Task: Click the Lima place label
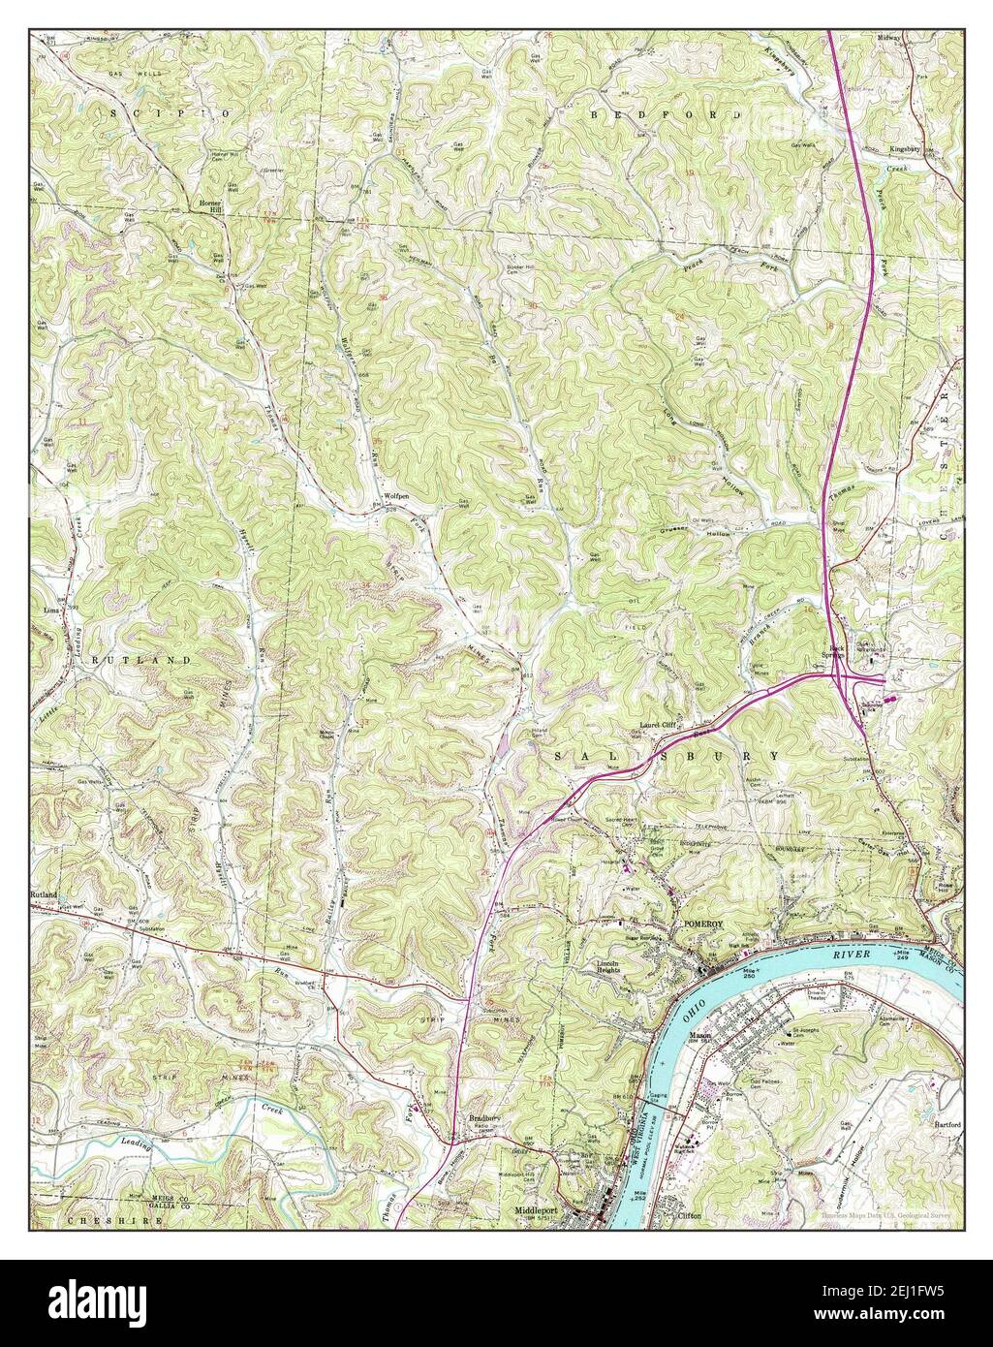(51, 611)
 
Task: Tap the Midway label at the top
(889, 37)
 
